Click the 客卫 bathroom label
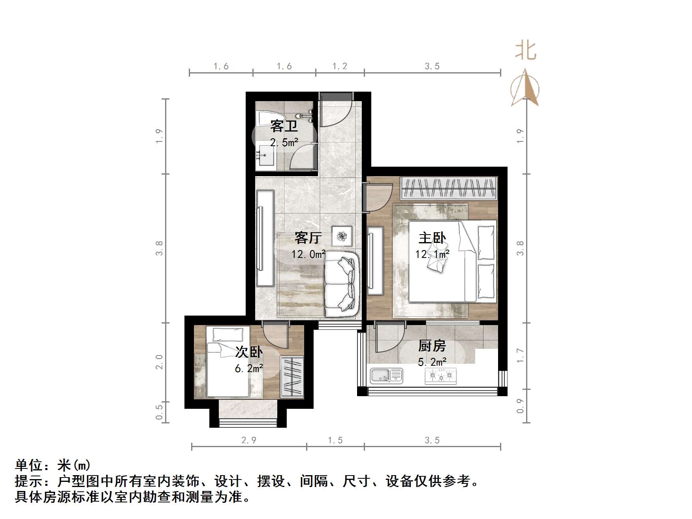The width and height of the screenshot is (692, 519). click(284, 126)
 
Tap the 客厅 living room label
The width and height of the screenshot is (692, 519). click(308, 238)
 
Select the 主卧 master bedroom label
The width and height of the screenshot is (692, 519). click(432, 238)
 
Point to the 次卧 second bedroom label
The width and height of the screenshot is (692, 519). click(249, 352)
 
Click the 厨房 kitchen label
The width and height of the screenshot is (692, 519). click(432, 346)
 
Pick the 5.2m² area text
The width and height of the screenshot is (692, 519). click(432, 361)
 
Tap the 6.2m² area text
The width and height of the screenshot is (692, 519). click(249, 368)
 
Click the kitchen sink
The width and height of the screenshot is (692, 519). click(386, 376)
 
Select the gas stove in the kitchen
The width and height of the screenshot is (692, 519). click(440, 376)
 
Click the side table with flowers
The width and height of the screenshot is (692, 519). click(342, 236)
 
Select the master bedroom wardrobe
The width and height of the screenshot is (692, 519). click(448, 188)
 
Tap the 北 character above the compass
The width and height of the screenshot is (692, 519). click(525, 51)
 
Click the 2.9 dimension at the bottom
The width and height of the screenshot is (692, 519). click(249, 440)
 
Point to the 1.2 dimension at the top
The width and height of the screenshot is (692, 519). click(340, 66)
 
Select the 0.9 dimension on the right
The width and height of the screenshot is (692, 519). click(520, 406)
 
